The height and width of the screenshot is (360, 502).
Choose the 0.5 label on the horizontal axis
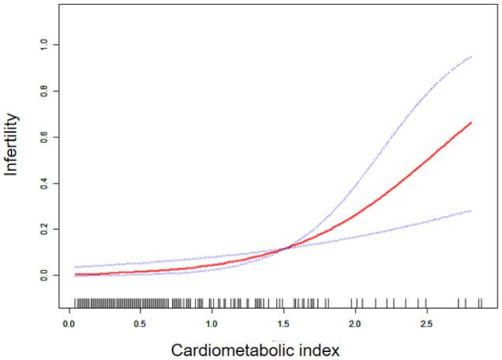pyautogui.click(x=140, y=324)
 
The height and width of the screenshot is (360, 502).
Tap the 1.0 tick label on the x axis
pyautogui.click(x=212, y=324)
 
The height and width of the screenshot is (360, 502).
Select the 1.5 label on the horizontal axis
pyautogui.click(x=283, y=324)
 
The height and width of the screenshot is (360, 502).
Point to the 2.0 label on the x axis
pyautogui.click(x=354, y=324)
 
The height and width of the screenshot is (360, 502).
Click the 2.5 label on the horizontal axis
pyautogui.click(x=426, y=324)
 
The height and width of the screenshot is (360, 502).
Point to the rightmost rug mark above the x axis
pyautogui.click(x=480, y=302)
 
